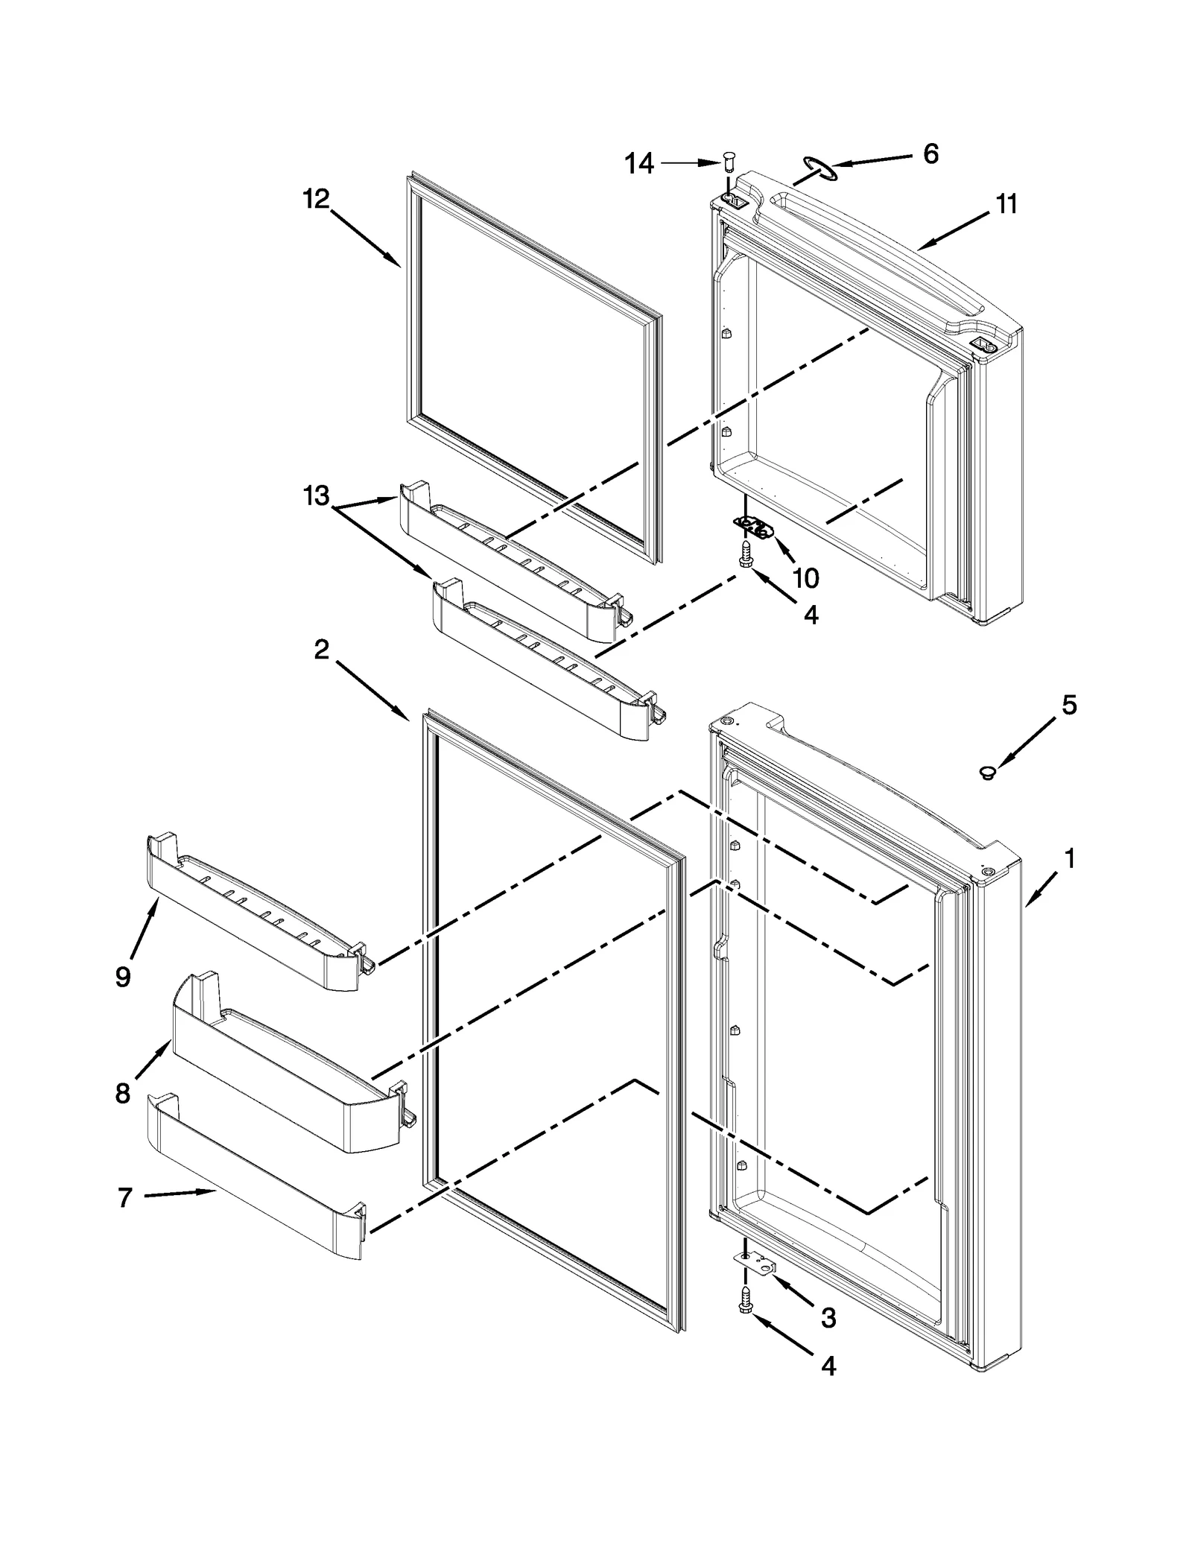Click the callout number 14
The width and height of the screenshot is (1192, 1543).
639,163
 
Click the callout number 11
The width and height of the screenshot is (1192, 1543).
1006,204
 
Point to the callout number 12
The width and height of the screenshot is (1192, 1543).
316,199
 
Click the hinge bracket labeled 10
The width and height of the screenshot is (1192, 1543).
755,527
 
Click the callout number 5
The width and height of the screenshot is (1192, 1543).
1069,705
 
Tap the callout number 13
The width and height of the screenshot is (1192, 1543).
316,495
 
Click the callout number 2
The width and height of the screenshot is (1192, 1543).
321,650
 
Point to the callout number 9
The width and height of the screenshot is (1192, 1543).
124,977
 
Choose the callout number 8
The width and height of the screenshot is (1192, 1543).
123,1094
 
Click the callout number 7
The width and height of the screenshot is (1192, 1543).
124,1197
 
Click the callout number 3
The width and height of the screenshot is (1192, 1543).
828,1318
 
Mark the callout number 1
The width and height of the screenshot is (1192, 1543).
1070,859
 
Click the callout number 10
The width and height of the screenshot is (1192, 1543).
805,577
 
